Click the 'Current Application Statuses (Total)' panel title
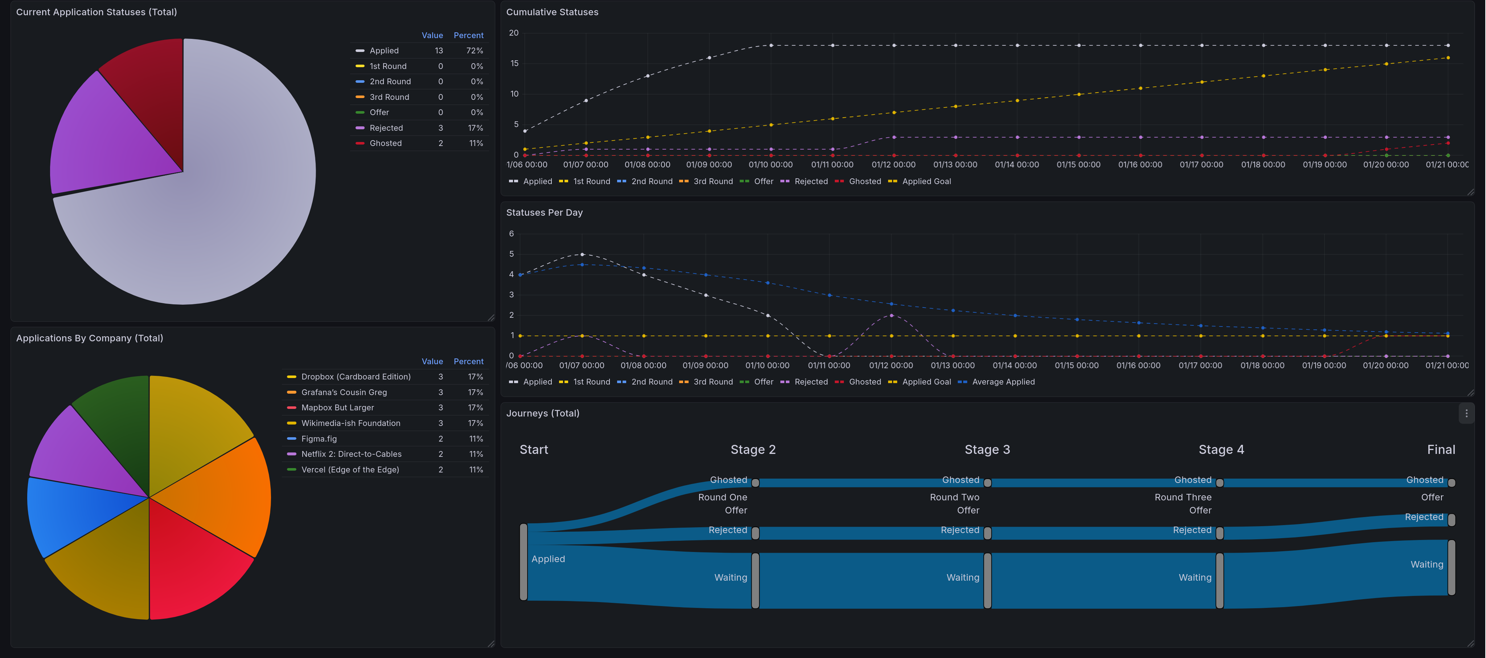(x=97, y=12)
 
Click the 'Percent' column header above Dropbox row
(x=468, y=361)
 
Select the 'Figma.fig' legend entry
(x=319, y=439)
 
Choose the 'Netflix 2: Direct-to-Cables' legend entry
(x=351, y=454)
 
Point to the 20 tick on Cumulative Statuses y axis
(x=513, y=33)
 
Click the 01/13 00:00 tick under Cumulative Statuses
(x=955, y=164)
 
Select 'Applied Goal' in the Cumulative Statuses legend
(x=926, y=181)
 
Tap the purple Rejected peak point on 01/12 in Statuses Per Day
(x=891, y=316)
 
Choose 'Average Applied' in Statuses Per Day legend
(x=1003, y=382)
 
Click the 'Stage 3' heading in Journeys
(x=987, y=450)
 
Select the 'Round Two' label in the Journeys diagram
(x=954, y=497)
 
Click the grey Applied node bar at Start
(x=523, y=562)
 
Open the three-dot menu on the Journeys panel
(x=1466, y=413)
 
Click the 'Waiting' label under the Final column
(x=1427, y=565)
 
